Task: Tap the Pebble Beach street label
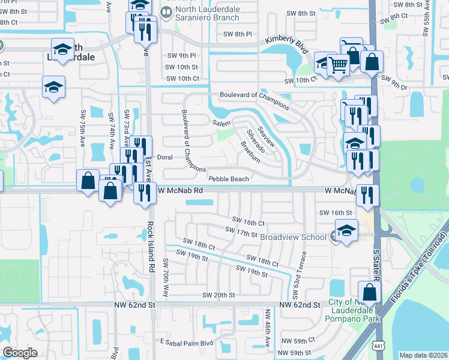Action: pyautogui.click(x=228, y=179)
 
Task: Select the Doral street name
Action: pyautogui.click(x=164, y=158)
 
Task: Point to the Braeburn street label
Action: pyautogui.click(x=250, y=152)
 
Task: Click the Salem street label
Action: pyautogui.click(x=220, y=122)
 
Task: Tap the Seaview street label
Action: pyautogui.click(x=266, y=136)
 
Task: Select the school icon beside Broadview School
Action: pyautogui.click(x=346, y=230)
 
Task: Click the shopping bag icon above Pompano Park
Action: pyautogui.click(x=370, y=292)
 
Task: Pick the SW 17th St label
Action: pyautogui.click(x=241, y=231)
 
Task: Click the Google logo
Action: pyautogui.click(x=20, y=352)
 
